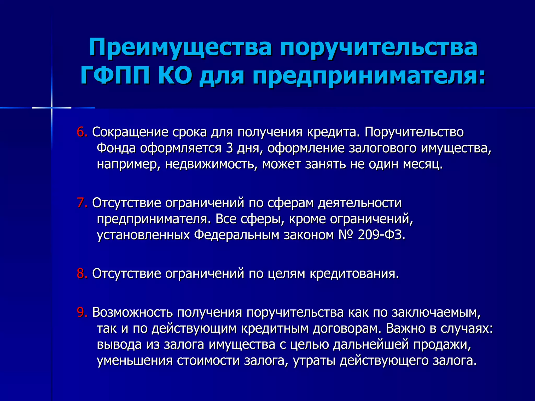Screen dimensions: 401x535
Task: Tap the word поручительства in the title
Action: [379, 48]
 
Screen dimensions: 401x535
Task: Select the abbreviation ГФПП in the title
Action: [115, 76]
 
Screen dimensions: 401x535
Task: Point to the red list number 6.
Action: [82, 132]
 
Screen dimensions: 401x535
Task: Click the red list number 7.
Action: [82, 203]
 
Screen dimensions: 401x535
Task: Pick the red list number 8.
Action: [82, 274]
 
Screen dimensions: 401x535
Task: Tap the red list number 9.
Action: [82, 312]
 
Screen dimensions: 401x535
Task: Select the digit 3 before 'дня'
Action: [229, 148]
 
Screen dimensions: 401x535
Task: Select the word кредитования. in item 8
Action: [354, 274]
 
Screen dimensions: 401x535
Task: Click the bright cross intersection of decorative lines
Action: [52, 108]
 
